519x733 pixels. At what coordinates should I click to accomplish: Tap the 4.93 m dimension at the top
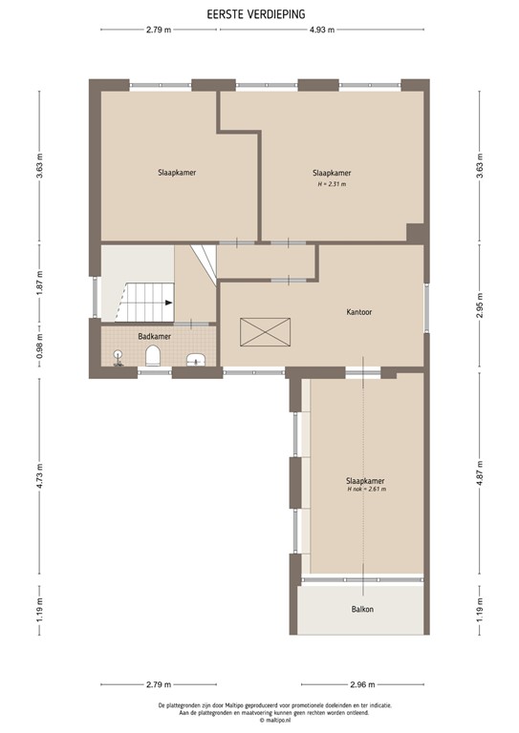321,30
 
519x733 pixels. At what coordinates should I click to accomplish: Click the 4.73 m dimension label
39,474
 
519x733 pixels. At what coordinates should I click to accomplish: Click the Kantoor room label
359,312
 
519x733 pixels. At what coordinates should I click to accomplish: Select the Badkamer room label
154,337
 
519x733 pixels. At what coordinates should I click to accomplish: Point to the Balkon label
362,609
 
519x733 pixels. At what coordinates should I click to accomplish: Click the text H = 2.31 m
332,184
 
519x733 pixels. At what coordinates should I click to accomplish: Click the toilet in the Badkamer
153,359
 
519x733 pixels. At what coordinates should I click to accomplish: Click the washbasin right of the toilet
197,360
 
